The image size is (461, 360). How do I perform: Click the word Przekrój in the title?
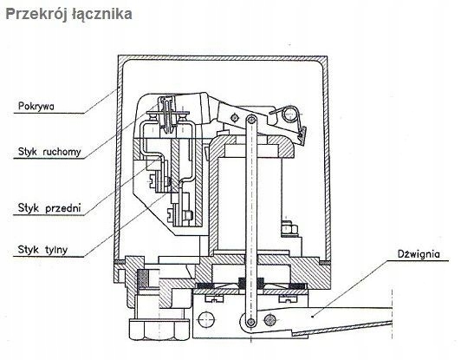pos(36,15)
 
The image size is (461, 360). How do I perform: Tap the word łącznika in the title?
pos(101,15)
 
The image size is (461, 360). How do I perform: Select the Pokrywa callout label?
pos(36,106)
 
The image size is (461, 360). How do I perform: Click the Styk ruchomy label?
pos(49,152)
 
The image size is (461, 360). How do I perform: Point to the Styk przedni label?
pos(49,208)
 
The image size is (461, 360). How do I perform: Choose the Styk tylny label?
pos(43,250)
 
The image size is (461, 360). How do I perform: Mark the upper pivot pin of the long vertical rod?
pos(250,120)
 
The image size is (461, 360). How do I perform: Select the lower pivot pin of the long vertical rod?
pos(250,321)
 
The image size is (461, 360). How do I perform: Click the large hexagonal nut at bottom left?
pos(159,329)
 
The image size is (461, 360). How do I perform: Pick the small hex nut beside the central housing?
pos(289,229)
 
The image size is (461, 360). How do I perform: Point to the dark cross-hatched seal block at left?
pos(143,278)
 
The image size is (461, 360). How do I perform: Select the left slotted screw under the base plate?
pos(214,298)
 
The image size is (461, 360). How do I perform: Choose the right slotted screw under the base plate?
pos(288,298)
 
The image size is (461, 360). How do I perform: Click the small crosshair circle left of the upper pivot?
pos(234,117)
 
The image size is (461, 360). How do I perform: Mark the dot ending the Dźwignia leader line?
pos(312,317)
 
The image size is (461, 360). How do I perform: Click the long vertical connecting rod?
pos(250,220)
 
